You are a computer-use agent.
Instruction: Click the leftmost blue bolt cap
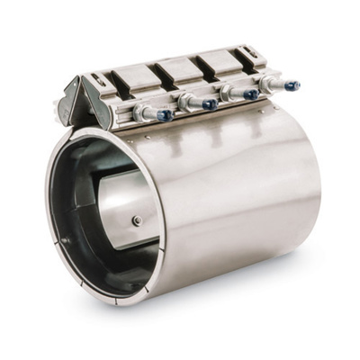click(x=166, y=115)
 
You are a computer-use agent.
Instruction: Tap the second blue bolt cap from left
click(x=211, y=104)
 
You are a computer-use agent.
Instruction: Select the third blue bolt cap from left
click(x=252, y=94)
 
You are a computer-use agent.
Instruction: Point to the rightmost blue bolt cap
click(x=292, y=85)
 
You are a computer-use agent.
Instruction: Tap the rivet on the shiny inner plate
click(x=137, y=220)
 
